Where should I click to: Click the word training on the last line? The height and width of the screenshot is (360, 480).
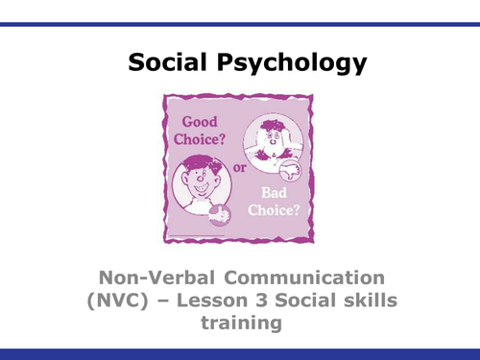239,325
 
